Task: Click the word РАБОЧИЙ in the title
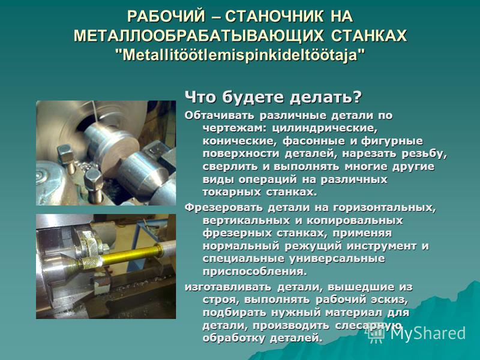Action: tap(166, 17)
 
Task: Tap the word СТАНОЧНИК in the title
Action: tap(274, 17)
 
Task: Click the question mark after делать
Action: tap(358, 97)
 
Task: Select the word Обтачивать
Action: tap(219, 115)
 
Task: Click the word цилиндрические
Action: tap(325, 128)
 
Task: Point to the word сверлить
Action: tap(230, 167)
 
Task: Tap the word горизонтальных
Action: tap(384, 208)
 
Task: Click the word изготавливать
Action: tap(228, 287)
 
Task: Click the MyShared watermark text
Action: tap(427, 333)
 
